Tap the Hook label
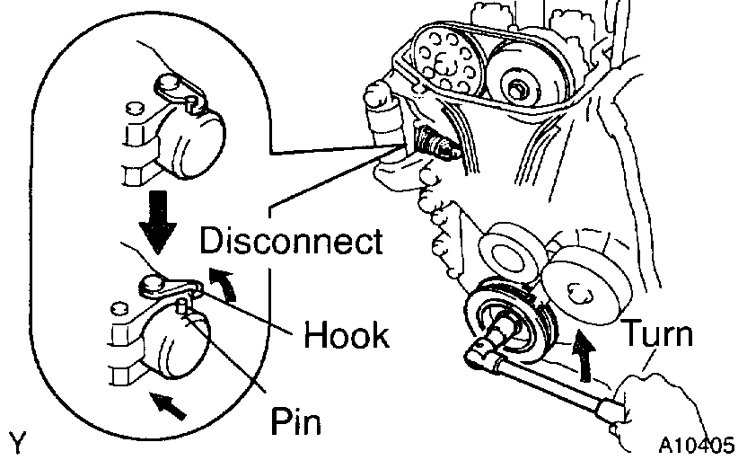coord(346,334)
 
